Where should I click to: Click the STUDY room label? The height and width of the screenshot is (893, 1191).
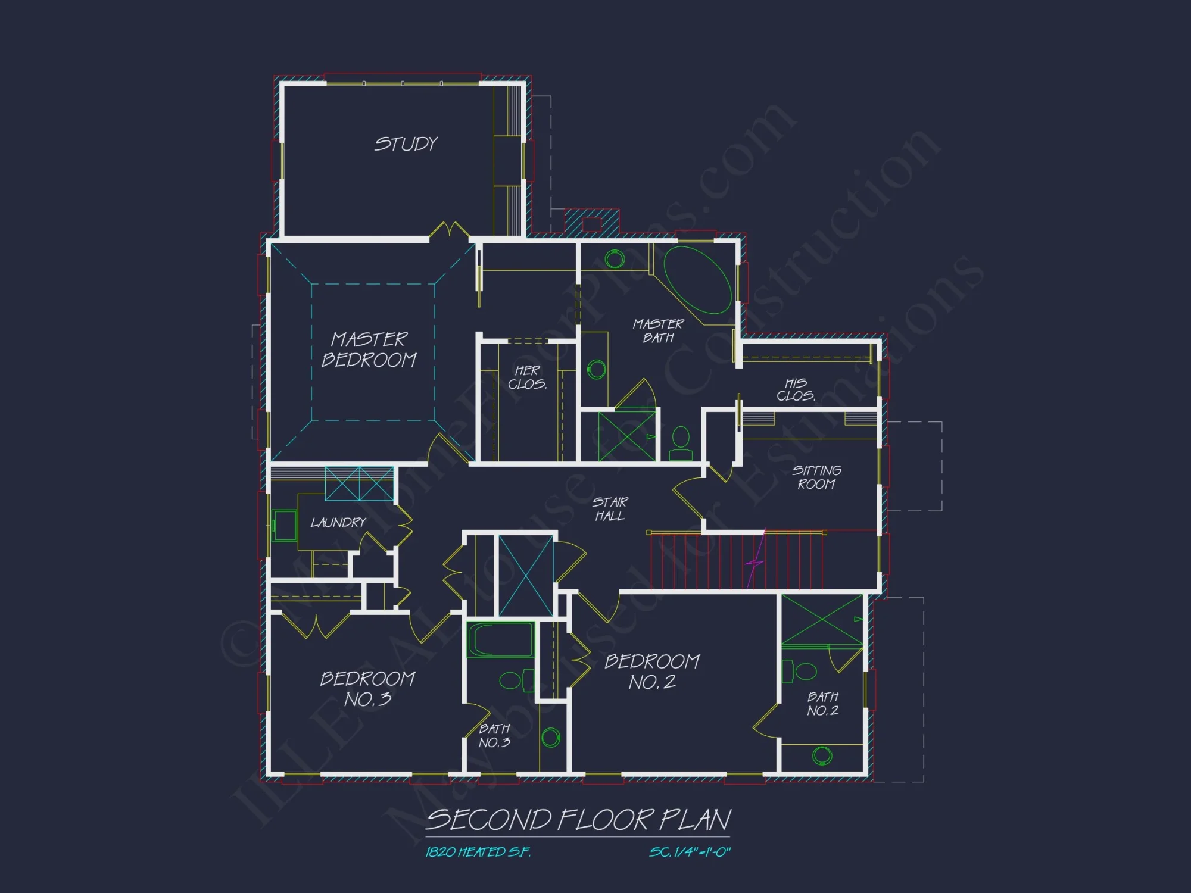(x=406, y=144)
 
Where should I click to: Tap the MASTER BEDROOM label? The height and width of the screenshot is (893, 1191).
(x=369, y=349)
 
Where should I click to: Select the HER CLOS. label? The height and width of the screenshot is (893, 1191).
(x=527, y=377)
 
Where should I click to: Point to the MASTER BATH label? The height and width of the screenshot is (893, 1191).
(x=658, y=331)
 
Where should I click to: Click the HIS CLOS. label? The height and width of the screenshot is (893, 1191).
(x=796, y=389)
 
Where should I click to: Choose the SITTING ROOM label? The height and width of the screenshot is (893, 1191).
(x=816, y=477)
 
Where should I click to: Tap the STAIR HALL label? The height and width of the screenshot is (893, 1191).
(x=610, y=509)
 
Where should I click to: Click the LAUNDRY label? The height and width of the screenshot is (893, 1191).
(x=338, y=523)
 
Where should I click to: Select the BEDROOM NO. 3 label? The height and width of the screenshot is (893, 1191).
(x=367, y=689)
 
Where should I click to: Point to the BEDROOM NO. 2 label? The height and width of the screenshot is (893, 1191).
(x=652, y=672)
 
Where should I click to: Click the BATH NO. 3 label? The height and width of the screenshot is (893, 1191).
(x=494, y=736)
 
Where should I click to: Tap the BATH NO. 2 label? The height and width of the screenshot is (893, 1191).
(x=823, y=704)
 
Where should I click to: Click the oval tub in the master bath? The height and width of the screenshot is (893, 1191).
(x=697, y=280)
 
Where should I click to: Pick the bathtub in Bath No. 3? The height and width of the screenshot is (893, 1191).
(x=501, y=640)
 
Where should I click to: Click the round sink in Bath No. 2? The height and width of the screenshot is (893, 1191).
(x=822, y=755)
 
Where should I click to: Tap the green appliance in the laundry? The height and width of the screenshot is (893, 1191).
(x=284, y=526)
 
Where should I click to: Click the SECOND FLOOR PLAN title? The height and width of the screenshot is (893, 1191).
(x=578, y=820)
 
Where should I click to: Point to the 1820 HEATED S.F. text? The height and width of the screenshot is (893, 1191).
(x=478, y=853)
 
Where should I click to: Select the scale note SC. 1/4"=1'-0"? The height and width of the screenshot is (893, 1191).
(x=690, y=853)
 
